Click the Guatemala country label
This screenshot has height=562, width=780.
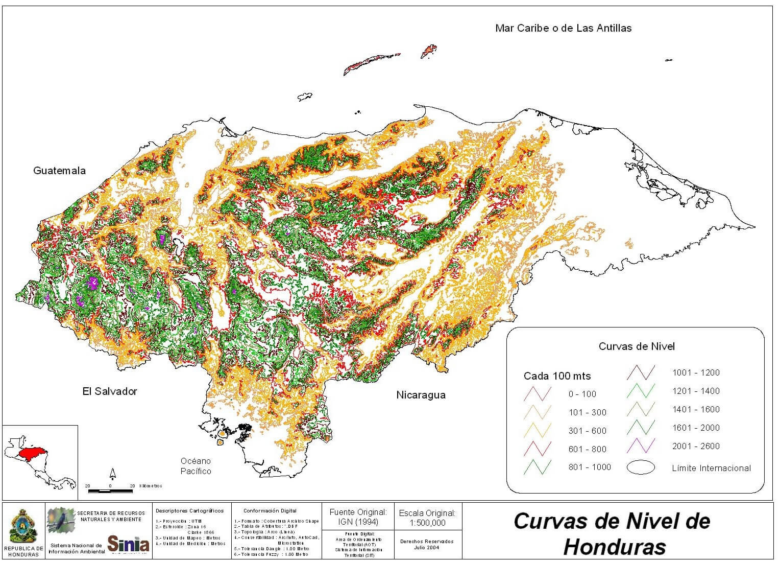click(59, 171)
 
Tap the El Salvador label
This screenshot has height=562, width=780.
click(110, 391)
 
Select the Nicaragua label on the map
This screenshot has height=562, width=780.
click(421, 395)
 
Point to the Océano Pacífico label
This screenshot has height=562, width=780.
click(196, 466)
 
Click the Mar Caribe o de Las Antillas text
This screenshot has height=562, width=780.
click(563, 28)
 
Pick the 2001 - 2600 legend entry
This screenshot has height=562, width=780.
click(696, 446)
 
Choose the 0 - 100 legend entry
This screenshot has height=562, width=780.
click(582, 394)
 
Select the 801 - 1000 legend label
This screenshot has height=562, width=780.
click(589, 467)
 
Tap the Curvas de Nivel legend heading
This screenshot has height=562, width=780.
click(637, 346)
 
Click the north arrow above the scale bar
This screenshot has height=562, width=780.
click(113, 473)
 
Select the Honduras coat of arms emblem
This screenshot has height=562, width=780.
click(23, 528)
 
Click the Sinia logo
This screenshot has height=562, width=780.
click(128, 544)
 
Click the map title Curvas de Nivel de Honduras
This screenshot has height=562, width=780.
click(612, 533)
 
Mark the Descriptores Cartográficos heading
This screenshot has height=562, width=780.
click(189, 510)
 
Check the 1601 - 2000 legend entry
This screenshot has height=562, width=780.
click(696, 428)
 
